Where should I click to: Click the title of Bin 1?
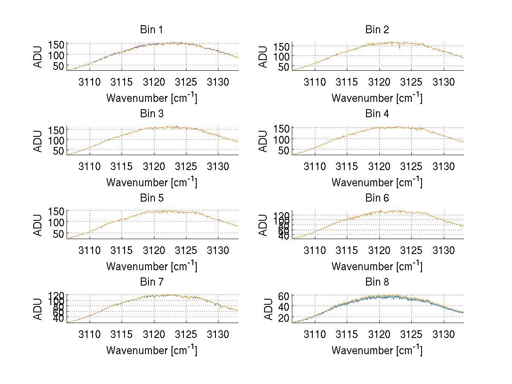point(151,30)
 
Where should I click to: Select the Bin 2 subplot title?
point(377,30)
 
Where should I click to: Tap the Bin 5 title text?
point(151,198)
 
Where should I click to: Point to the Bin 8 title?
point(377,282)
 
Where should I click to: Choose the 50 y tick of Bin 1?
point(58,66)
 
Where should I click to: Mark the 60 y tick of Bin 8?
point(284,295)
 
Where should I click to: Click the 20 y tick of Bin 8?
point(284,318)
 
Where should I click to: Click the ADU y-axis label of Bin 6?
point(264,225)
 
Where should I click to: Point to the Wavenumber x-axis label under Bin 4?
point(377,182)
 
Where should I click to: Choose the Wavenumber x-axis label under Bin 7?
point(151,350)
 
